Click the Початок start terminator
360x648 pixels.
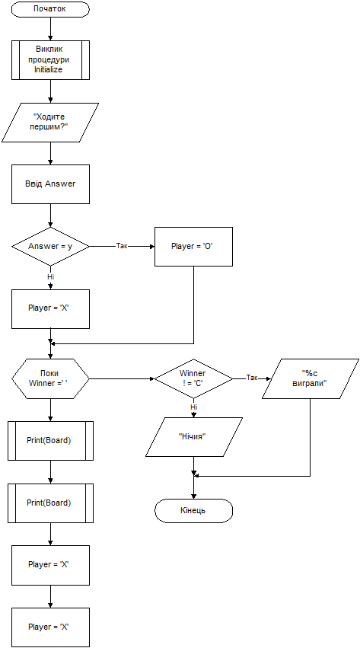50,9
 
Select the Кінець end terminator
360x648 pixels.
193,510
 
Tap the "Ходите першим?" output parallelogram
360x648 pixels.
50,123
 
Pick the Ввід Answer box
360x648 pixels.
50,184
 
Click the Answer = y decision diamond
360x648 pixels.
50,246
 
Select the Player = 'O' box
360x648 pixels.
193,246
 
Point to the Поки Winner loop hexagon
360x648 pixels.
50,378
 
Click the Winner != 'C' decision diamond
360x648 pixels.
193,378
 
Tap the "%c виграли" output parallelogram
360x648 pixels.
310,378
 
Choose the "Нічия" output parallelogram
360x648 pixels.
193,437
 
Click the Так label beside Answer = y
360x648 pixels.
122,246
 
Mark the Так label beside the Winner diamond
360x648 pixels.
252,378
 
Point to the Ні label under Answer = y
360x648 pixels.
50,277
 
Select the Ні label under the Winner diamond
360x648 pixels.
193,407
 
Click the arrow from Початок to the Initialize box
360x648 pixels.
50,29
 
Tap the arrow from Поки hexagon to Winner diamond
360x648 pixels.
123,378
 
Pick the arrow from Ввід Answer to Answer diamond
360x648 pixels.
50,215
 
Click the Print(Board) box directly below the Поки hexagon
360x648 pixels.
50,441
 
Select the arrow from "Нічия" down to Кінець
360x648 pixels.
193,477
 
